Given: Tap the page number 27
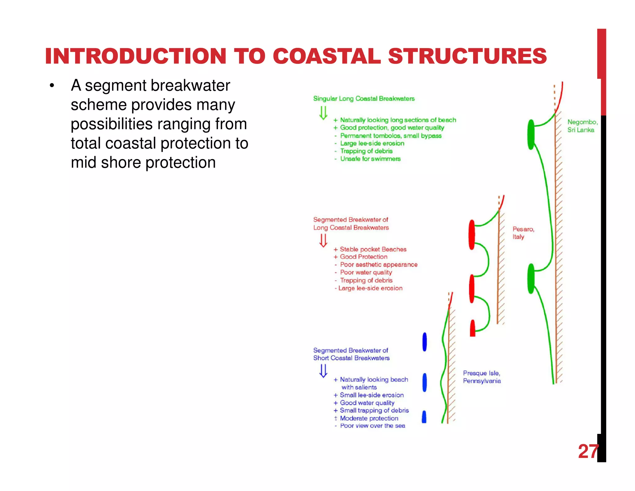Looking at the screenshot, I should click(x=588, y=451).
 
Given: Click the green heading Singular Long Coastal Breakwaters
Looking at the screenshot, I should click(x=364, y=99).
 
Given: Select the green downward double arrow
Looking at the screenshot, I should click(x=323, y=113).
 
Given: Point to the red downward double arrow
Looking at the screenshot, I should click(x=323, y=241).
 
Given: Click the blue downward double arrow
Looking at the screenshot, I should click(x=323, y=371).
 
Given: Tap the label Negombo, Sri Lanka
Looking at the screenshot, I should click(x=582, y=126).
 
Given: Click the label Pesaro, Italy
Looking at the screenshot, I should click(x=523, y=233).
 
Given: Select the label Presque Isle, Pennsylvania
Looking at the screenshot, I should click(x=482, y=377).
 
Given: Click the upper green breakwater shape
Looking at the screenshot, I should click(x=531, y=134).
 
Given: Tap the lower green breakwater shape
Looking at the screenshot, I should click(x=531, y=278).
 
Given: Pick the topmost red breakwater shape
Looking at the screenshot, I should click(x=472, y=235).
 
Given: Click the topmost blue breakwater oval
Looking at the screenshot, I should click(x=424, y=342).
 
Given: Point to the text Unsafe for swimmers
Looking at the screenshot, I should click(x=370, y=159).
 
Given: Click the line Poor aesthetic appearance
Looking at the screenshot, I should click(x=379, y=265).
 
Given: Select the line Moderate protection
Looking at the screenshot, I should click(x=369, y=418).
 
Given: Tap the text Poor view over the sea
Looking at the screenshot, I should click(x=372, y=426).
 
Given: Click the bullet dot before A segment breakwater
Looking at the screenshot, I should click(x=52, y=86).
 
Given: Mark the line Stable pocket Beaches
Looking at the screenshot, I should click(x=373, y=249).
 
